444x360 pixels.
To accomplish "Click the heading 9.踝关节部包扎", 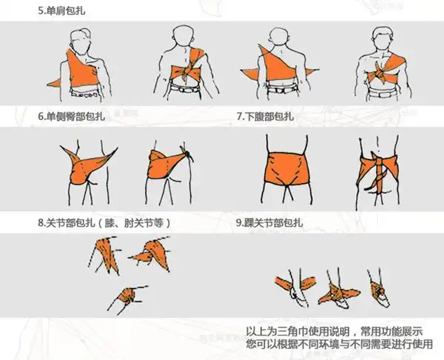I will click(x=272, y=222).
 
